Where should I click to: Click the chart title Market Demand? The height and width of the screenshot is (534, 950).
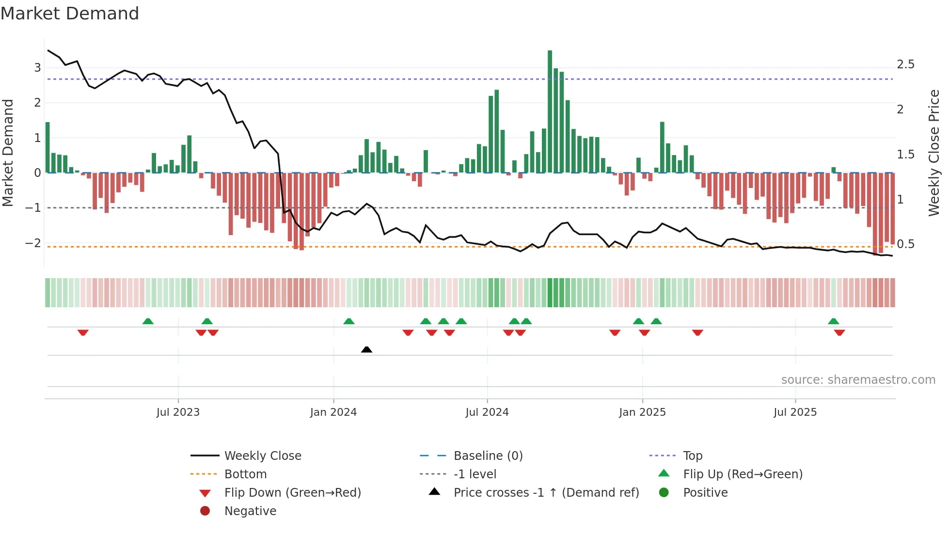point(70,14)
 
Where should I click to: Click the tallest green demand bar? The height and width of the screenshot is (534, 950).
point(550,111)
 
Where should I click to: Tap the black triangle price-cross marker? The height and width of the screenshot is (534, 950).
point(366,349)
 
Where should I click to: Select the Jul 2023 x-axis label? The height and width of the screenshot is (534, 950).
point(178,412)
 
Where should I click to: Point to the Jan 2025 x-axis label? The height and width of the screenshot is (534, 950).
point(642,412)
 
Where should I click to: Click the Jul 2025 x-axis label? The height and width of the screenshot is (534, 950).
point(795,412)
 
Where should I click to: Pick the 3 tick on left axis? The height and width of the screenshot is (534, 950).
point(37,68)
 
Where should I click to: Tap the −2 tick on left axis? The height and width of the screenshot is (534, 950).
point(33,243)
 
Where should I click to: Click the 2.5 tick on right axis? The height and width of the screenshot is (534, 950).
point(905,64)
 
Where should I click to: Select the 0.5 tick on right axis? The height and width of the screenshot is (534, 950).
point(905,244)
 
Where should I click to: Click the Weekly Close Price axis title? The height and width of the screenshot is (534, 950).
point(934,153)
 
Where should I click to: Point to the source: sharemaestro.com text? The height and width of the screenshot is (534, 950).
point(858,380)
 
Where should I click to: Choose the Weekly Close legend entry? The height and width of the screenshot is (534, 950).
point(262,456)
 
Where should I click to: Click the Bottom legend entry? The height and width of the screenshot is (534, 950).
point(245,474)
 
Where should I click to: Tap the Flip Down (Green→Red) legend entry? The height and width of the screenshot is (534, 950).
point(292,493)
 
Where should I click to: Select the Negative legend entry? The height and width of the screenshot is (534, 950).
point(250,511)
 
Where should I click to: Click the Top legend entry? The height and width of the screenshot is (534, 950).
point(692,456)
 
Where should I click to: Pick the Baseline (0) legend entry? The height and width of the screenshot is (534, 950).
point(488,456)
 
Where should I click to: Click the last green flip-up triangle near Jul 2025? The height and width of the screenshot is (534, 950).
point(833,321)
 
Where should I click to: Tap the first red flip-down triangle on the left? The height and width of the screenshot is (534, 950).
point(83,332)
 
